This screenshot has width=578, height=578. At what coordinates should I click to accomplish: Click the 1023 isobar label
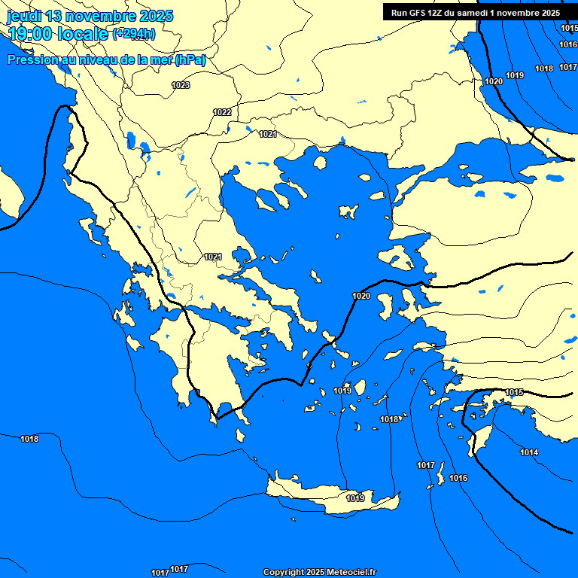(181, 85)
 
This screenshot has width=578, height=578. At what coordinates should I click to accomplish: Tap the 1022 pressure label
(222, 112)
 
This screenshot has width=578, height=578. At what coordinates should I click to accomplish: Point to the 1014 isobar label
(529, 452)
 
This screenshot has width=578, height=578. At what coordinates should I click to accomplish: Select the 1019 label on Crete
(355, 498)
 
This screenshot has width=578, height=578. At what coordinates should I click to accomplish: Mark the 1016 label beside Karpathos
(458, 479)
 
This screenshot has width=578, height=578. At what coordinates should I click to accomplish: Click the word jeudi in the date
(25, 16)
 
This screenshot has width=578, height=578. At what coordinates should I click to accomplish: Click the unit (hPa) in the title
(190, 59)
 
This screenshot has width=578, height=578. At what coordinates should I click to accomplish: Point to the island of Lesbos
(398, 260)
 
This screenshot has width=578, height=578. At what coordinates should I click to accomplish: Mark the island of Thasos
(320, 163)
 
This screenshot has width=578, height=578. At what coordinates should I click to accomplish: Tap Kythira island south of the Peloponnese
(242, 434)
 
